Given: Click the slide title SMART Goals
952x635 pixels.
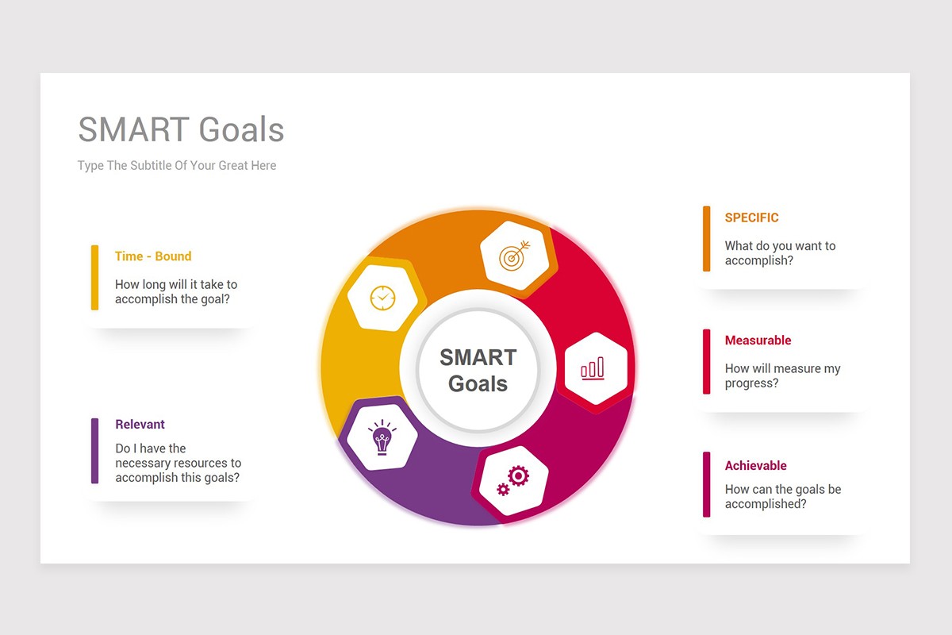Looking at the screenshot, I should coord(181,130).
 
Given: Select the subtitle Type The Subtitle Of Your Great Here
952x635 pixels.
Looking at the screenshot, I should coord(177,166).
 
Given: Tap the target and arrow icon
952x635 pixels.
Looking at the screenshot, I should coord(514,256).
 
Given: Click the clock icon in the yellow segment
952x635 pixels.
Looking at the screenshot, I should coord(382,298).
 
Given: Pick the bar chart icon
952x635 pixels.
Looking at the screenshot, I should coord(593,368).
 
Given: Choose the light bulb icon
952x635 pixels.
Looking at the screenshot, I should coord(382,437).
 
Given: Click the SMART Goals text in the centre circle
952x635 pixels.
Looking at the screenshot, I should coord(478,371).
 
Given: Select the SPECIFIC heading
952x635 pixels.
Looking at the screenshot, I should coord(751,217).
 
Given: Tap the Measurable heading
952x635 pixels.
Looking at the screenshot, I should coord(758,341).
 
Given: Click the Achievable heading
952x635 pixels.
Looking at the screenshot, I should coord(755,466).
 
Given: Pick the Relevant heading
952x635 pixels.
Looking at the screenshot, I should coord(140,425).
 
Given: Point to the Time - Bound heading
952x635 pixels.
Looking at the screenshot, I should coord(153,256).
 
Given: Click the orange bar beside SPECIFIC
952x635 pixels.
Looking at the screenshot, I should coord(706,239).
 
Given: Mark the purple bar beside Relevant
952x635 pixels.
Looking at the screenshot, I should coord(95,451).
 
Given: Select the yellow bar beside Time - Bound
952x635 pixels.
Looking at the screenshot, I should coord(95,277).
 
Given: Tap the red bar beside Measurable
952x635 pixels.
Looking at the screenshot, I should coord(706,362).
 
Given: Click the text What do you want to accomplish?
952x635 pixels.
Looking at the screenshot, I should coord(780,253).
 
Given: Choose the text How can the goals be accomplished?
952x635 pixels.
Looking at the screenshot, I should coord(782,497).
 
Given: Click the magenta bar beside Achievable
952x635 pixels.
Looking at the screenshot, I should coord(706,484).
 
